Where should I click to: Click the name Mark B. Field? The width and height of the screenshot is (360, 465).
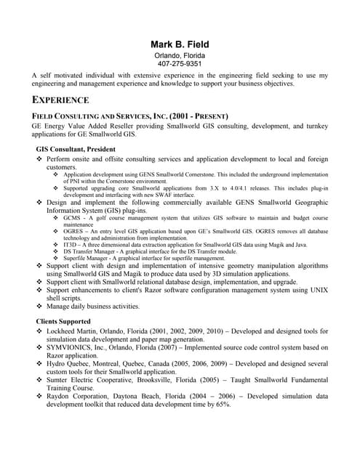coord(180,44)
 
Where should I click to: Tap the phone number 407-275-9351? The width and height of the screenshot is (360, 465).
coord(180,64)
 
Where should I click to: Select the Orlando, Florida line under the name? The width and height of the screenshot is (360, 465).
coord(180,55)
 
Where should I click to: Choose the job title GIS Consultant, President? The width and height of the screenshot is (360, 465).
coord(76,149)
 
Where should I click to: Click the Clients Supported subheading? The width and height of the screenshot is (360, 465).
coord(63,320)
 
